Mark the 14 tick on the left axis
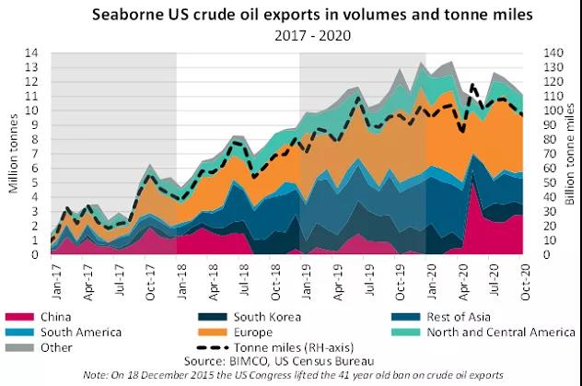(34, 53)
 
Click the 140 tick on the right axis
(541, 53)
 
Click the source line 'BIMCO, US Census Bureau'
(292, 361)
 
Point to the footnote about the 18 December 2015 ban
(292, 376)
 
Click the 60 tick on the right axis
(538, 168)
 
